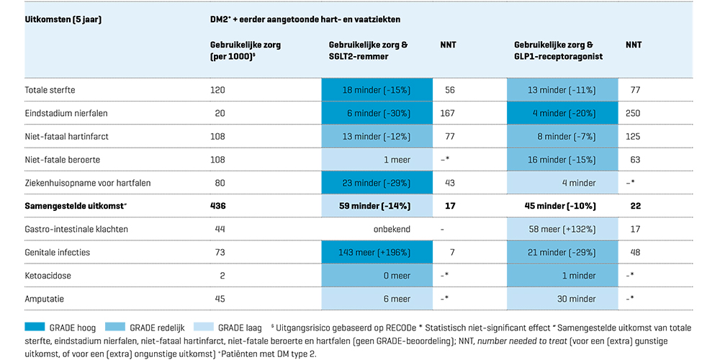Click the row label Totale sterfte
coord(50,90)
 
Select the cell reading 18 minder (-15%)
coord(376,90)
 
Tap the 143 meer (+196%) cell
coord(376,253)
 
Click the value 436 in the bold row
coord(217,206)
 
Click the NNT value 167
coord(449,113)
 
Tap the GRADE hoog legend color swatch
coord(35,326)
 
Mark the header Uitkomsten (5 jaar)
coord(63,19)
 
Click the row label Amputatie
coord(45,299)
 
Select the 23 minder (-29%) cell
coord(376,183)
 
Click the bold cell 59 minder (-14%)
coord(376,206)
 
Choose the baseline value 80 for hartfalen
coord(220,183)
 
